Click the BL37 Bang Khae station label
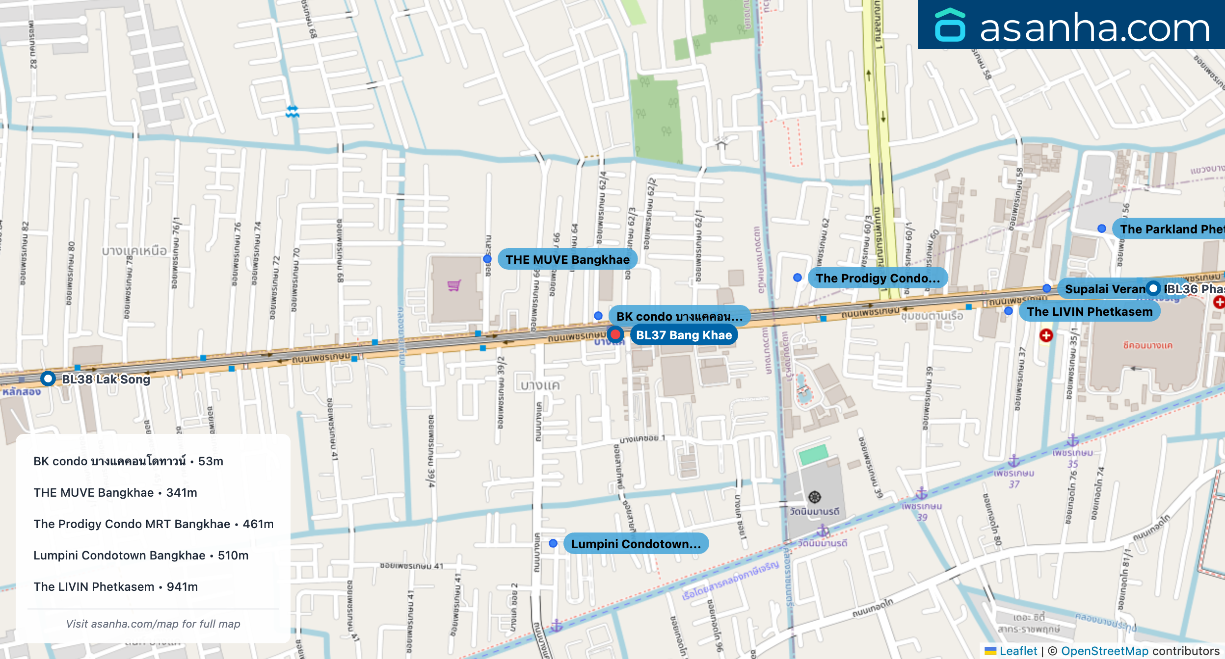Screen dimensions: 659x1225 click(x=684, y=335)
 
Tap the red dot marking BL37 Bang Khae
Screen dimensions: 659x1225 click(x=615, y=335)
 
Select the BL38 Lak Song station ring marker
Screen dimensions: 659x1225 click(x=48, y=379)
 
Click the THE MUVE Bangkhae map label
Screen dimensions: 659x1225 click(x=567, y=259)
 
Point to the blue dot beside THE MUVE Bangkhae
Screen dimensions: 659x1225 click(x=487, y=259)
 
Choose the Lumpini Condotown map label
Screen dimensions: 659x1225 click(x=636, y=544)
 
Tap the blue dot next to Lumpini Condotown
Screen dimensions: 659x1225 click(x=553, y=543)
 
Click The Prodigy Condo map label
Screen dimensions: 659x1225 click(x=878, y=278)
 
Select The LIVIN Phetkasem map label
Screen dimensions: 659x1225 click(x=1090, y=311)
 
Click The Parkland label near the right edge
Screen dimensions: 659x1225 click(x=1171, y=229)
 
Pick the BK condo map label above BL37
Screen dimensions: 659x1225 click(x=679, y=316)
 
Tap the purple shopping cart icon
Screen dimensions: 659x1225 click(x=454, y=285)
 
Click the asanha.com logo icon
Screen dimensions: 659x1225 click(x=950, y=25)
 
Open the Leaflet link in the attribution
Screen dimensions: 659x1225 click(x=1018, y=651)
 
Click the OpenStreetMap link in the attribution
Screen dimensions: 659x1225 click(x=1104, y=651)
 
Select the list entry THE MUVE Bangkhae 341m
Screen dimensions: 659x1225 click(x=115, y=493)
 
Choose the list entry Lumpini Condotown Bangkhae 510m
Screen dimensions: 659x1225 click(x=141, y=556)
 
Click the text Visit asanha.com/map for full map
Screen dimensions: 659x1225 click(x=153, y=624)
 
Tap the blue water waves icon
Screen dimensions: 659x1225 click(x=293, y=112)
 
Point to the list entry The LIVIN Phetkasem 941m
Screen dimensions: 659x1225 click(x=115, y=587)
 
